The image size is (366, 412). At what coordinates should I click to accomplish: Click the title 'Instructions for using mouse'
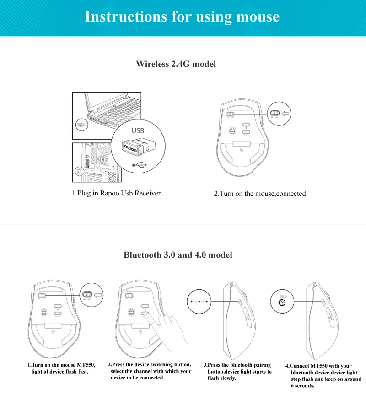point(182,16)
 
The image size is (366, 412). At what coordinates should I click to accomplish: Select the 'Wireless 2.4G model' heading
point(176,64)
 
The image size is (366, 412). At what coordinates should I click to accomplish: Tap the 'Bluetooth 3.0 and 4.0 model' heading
point(178,255)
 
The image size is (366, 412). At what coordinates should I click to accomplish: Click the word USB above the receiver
point(138,131)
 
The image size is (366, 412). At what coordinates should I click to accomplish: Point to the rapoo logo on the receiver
point(132,146)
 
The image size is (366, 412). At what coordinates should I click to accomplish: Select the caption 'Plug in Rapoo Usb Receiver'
point(117,193)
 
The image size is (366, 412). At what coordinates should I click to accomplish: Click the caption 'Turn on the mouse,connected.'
point(261,194)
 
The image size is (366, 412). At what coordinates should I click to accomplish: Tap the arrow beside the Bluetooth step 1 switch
point(98,295)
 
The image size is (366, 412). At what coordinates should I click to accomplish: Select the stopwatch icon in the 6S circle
point(282,303)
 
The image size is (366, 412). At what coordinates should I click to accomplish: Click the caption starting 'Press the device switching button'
point(150,371)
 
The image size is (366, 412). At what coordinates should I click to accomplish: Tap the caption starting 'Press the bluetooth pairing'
point(238,372)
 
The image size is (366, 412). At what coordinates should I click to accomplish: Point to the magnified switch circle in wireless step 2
point(275,113)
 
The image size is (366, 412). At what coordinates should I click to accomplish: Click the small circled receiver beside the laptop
point(80,125)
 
